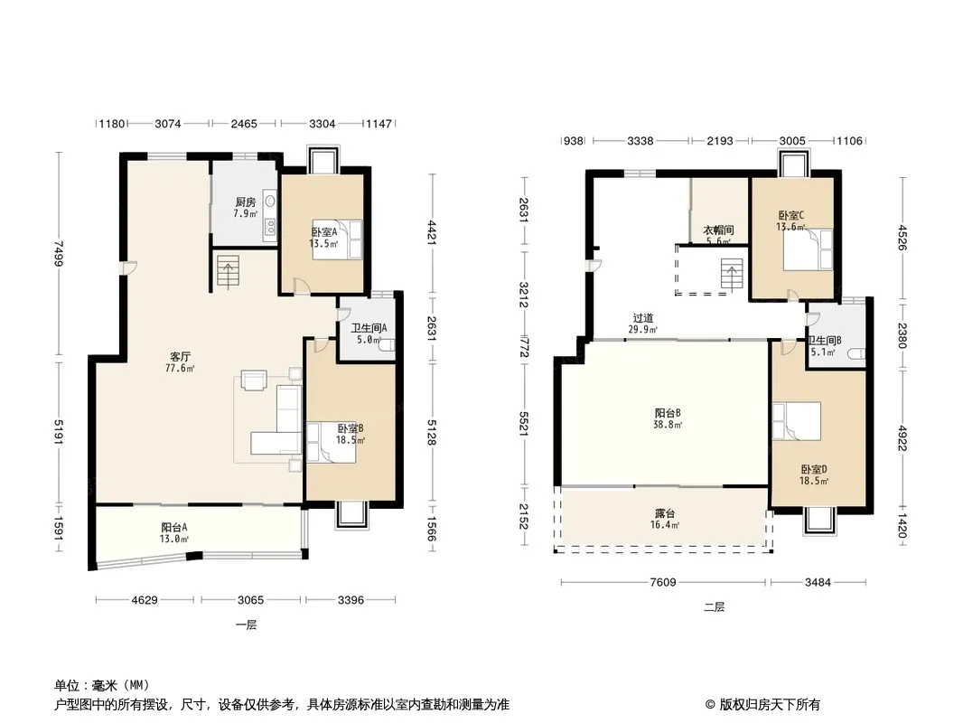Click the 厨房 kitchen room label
click(x=245, y=202)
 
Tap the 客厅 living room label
click(x=181, y=357)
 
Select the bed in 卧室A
click(x=337, y=239)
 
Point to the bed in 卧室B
click(x=332, y=442)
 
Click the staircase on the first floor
click(x=228, y=273)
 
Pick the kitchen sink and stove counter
click(x=269, y=215)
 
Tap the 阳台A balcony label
click(x=174, y=528)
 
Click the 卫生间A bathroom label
click(x=369, y=328)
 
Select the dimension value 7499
click(x=58, y=254)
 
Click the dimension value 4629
click(x=145, y=600)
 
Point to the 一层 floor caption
click(x=246, y=624)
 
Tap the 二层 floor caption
click(x=715, y=607)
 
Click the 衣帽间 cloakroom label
click(x=718, y=230)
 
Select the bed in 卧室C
click(x=809, y=249)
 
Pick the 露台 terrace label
click(x=665, y=513)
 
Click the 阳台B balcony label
click(x=668, y=413)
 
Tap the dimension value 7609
click(x=663, y=582)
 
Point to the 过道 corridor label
click(x=643, y=318)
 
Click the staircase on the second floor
click(x=732, y=276)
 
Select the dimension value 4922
click(x=902, y=438)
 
